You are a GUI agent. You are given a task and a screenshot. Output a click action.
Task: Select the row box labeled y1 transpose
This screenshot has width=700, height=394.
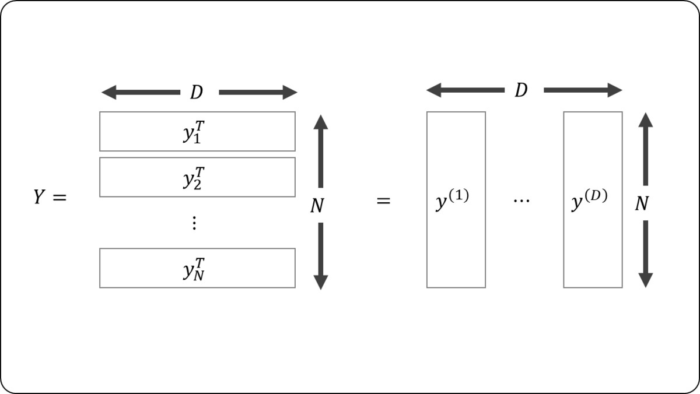(197, 131)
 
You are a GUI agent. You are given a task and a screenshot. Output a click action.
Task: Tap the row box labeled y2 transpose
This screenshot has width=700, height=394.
(197, 177)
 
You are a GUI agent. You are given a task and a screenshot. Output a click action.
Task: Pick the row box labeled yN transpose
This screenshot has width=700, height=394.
(197, 268)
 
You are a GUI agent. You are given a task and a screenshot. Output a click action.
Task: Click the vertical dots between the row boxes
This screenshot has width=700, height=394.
(194, 223)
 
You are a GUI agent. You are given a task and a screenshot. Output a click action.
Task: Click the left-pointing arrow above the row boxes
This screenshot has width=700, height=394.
(140, 92)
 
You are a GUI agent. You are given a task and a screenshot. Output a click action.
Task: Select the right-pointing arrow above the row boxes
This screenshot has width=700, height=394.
(258, 92)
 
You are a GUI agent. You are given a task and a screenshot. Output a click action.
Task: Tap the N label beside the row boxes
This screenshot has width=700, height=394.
(317, 206)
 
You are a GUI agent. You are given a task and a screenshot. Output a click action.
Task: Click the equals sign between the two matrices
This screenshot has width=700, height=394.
(383, 202)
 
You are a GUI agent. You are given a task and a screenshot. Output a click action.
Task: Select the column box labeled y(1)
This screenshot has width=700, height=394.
(456, 199)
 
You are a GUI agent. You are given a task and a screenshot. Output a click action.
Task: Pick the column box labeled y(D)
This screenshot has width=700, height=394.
(592, 199)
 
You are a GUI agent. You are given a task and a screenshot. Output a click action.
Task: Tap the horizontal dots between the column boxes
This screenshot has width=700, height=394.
(521, 202)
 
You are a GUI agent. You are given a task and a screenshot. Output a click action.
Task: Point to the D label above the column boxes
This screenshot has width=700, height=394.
(521, 90)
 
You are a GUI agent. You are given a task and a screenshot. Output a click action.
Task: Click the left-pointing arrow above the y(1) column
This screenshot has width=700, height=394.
(465, 90)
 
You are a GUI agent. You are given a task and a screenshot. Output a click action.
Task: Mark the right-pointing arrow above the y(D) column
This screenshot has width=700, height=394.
(583, 90)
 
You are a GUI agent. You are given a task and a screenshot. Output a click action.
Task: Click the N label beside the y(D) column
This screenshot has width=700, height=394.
(642, 203)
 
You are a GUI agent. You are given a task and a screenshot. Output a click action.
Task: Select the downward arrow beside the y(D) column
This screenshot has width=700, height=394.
(645, 253)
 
